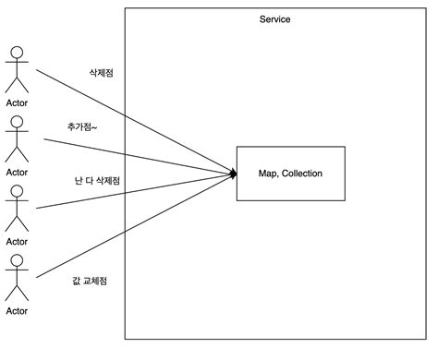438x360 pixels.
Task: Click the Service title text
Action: [x=275, y=19]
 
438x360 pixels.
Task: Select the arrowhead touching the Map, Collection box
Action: [x=233, y=173]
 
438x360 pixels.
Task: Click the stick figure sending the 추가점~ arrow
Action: [x=17, y=139]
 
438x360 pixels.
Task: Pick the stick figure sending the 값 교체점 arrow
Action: [x=17, y=277]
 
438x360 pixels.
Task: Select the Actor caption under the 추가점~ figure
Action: [x=17, y=171]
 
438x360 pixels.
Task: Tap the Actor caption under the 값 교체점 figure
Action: [x=17, y=311]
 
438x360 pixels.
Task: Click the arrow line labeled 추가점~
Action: [x=139, y=156]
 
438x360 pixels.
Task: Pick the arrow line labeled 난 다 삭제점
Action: [x=139, y=189]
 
